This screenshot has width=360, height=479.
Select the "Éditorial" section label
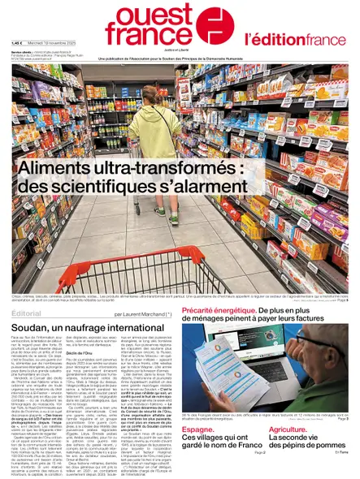pos(29,313)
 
